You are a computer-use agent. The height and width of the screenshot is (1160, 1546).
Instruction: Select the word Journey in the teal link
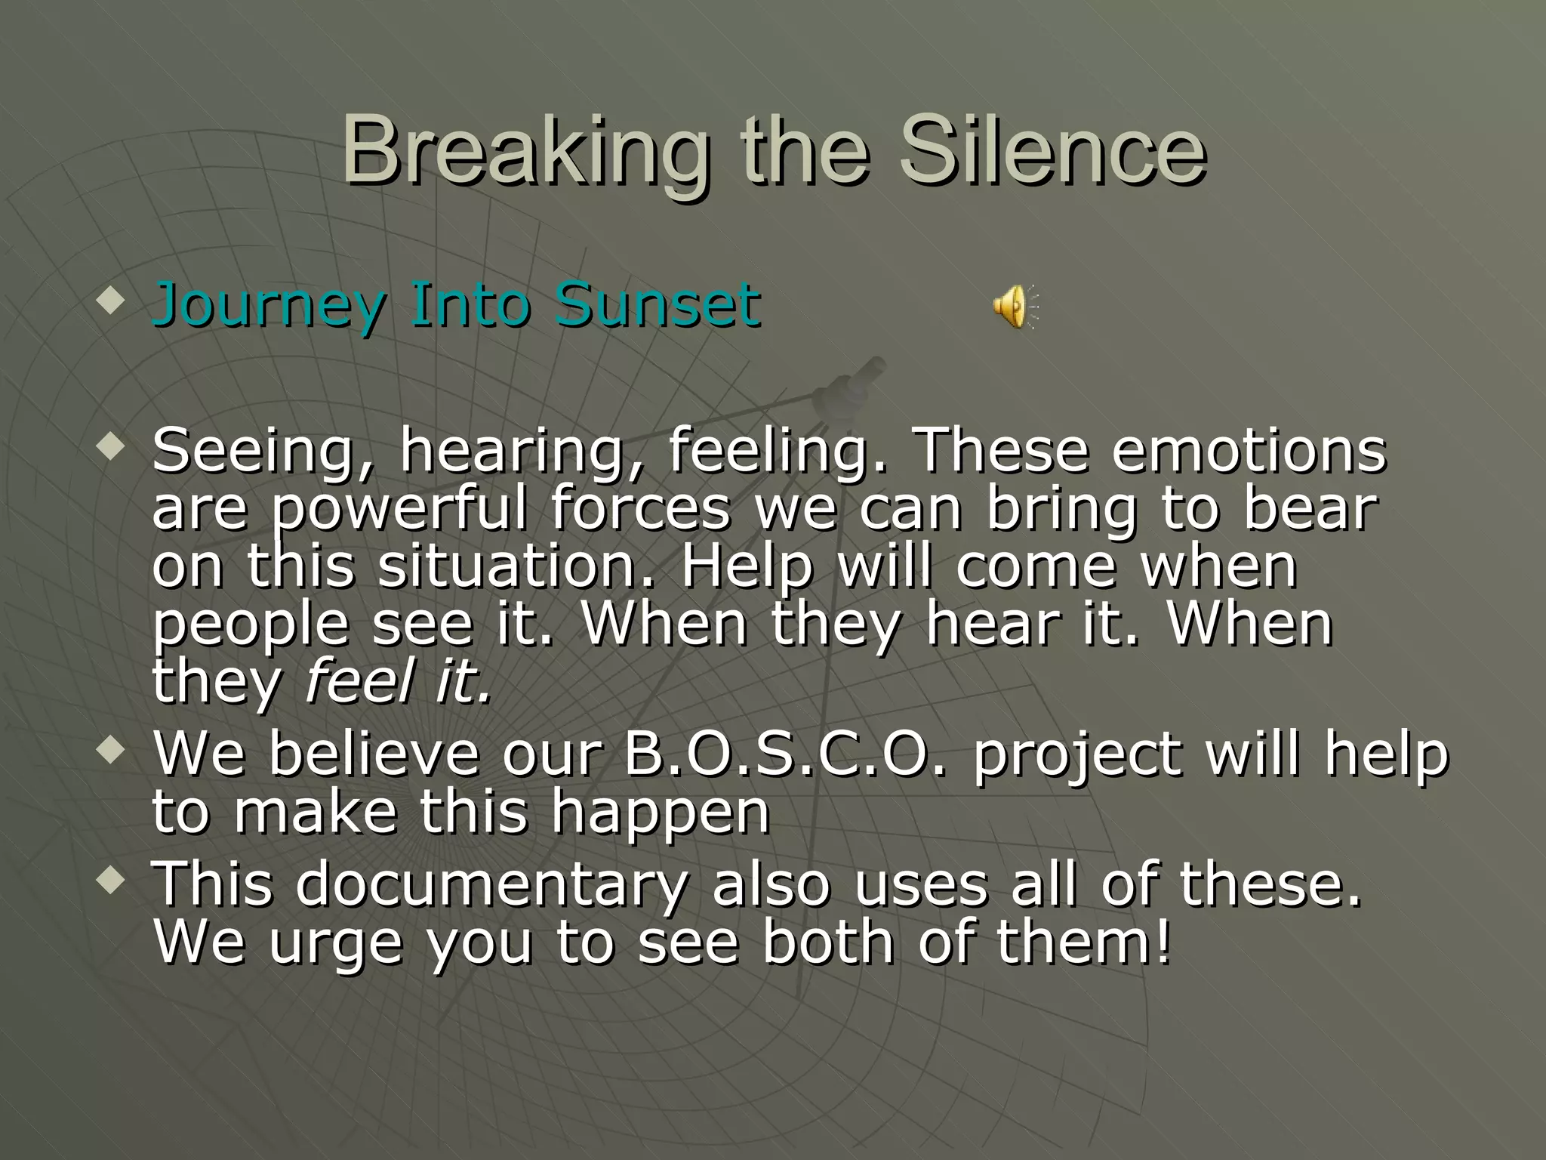(269, 306)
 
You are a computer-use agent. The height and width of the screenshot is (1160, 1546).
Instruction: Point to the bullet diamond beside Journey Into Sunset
(110, 303)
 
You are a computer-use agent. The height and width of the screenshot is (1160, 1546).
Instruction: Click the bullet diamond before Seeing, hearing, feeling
(110, 449)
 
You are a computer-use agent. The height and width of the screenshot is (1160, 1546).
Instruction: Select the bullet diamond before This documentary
(110, 881)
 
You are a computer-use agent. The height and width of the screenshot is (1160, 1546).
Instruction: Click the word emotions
(1249, 450)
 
